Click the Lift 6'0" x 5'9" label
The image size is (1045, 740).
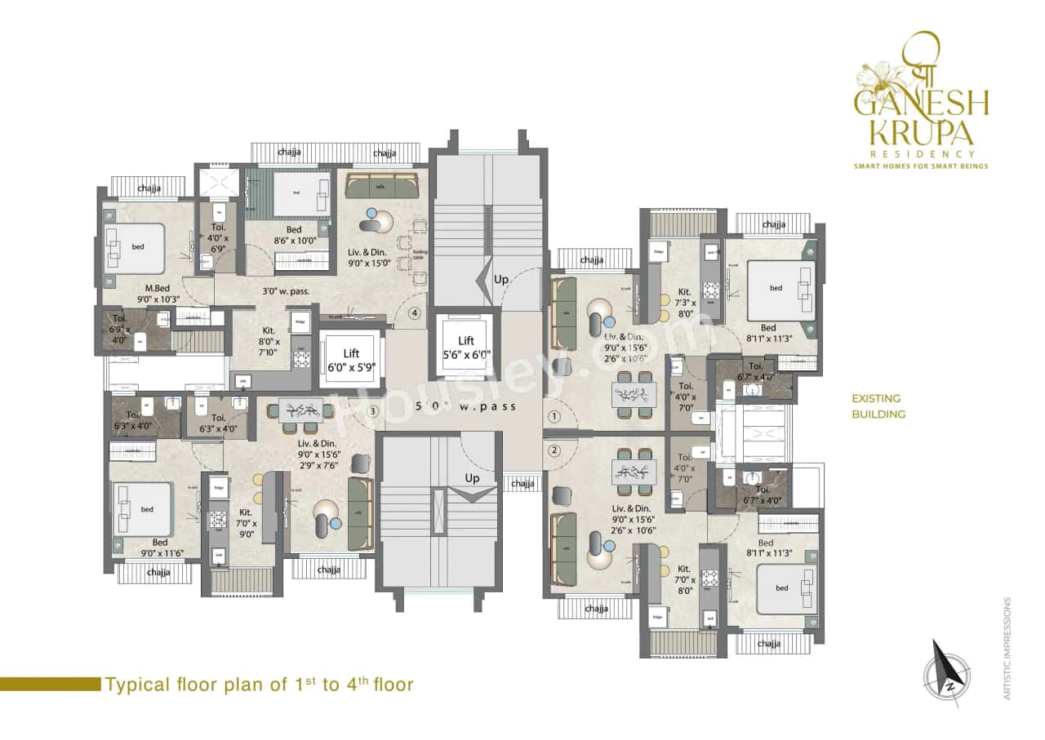coord(350,361)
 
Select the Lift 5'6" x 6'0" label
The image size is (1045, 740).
coord(466,347)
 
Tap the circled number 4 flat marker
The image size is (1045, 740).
coord(415,312)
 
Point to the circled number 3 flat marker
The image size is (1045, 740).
coord(372,411)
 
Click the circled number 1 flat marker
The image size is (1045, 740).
coord(554,416)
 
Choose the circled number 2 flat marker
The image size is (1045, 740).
coord(554,450)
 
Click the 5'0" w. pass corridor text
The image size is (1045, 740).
coord(465,406)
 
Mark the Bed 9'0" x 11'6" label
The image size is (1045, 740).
coord(160,547)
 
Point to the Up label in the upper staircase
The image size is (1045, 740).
coord(501,279)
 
